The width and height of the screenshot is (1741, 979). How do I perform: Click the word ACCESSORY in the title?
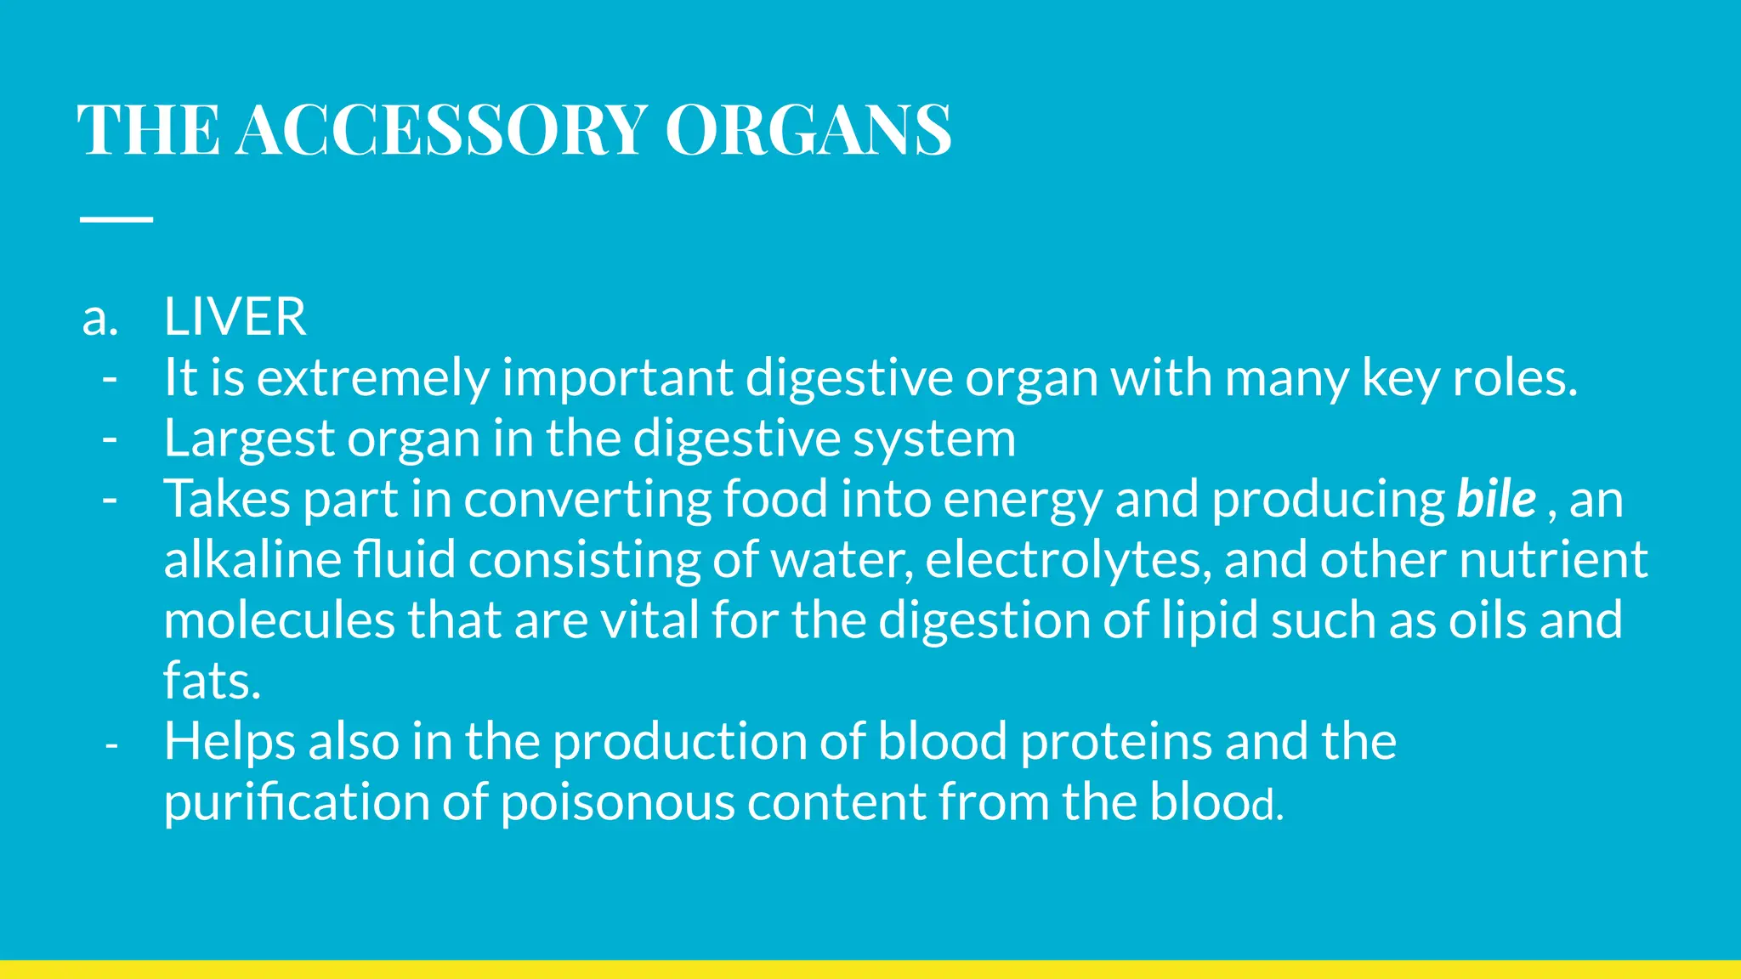point(442,129)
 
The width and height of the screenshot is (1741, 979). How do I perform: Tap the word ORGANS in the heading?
point(808,129)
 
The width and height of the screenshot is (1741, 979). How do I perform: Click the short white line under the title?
point(116,219)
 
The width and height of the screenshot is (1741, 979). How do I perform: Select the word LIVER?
point(235,318)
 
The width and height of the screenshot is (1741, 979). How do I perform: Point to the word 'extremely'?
point(373,378)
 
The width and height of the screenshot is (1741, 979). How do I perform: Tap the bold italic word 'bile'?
point(1496,499)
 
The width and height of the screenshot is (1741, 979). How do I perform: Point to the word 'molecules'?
point(279,620)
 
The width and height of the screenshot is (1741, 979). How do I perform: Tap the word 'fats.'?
point(212,682)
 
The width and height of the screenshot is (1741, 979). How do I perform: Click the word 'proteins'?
point(1116,742)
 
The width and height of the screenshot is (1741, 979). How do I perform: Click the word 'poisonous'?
point(617,803)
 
